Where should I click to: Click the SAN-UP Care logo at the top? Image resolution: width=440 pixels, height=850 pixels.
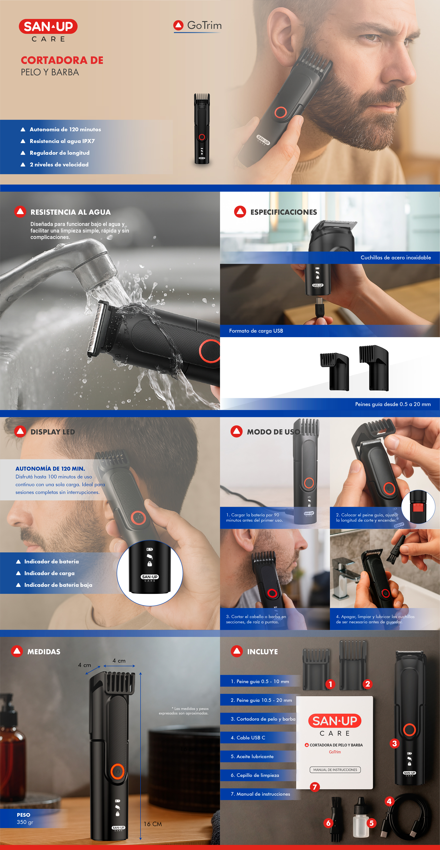tap(48, 30)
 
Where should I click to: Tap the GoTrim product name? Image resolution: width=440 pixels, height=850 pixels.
tap(197, 25)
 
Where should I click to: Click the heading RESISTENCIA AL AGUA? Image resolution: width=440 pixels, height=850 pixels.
tap(71, 212)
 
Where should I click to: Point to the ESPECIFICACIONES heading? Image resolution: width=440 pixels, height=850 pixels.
tap(284, 212)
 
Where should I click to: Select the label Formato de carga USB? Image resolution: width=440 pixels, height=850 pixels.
tap(256, 331)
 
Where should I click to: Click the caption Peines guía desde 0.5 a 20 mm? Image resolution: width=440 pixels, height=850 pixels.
tap(393, 404)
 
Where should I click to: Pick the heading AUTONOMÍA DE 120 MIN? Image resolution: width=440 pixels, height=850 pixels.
tap(50, 469)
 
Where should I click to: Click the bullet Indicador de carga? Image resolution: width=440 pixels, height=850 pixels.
tap(50, 573)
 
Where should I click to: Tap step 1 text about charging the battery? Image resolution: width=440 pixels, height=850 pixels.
tap(255, 517)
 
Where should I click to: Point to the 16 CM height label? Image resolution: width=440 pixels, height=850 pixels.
tap(153, 824)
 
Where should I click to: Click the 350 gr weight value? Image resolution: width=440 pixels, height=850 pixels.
tap(25, 822)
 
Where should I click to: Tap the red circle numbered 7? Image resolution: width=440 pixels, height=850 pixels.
tap(315, 787)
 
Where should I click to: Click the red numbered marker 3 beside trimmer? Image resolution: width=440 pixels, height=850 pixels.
tap(394, 743)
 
